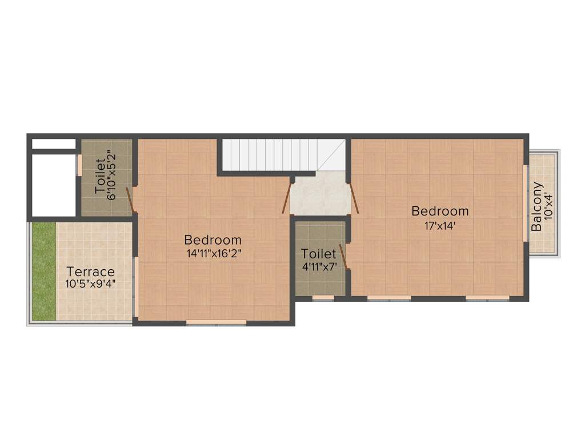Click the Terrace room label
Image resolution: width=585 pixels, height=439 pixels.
pyautogui.click(x=91, y=272)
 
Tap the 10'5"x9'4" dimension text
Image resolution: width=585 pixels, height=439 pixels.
pyautogui.click(x=91, y=283)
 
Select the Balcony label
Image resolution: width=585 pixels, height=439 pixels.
pyautogui.click(x=537, y=206)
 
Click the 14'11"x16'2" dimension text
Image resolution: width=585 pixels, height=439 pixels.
pyautogui.click(x=213, y=253)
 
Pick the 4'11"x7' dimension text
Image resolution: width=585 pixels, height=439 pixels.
pyautogui.click(x=319, y=266)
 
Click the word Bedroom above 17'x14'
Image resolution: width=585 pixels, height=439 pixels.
pyautogui.click(x=440, y=211)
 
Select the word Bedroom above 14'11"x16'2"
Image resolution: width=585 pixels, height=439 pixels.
pyautogui.click(x=213, y=240)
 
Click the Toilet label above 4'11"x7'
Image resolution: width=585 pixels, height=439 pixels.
pyautogui.click(x=319, y=253)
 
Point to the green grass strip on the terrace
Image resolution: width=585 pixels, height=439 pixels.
pyautogui.click(x=43, y=272)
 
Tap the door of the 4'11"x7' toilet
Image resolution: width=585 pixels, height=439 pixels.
pyautogui.click(x=344, y=256)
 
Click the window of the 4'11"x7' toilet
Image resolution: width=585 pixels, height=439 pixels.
pyautogui.click(x=323, y=298)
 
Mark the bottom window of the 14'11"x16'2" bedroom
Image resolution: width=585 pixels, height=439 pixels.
pyautogui.click(x=217, y=323)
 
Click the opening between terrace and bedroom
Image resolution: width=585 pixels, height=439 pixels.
pyautogui.click(x=136, y=286)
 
